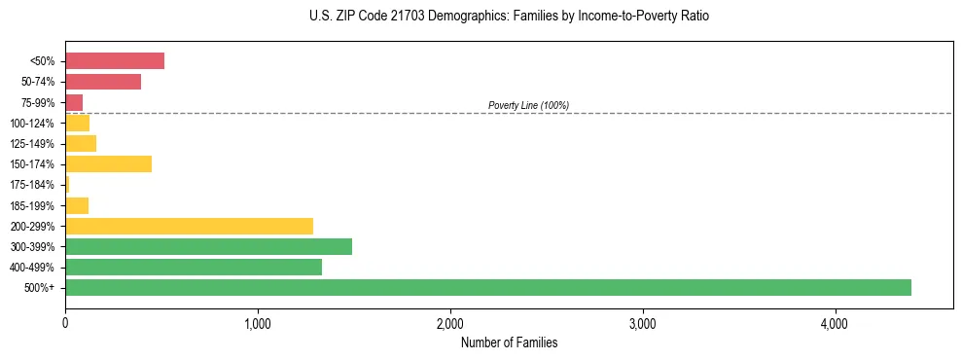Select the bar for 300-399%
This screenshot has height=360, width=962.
[208, 246]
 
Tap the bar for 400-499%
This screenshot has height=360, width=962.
[194, 267]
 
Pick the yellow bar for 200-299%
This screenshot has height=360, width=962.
[189, 226]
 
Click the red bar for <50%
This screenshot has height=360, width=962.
[115, 61]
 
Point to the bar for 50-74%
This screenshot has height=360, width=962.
[103, 82]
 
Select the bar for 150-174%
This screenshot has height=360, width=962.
[108, 163]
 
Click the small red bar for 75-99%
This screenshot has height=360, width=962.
[74, 102]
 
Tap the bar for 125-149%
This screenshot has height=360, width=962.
[81, 143]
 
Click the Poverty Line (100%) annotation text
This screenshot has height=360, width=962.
[528, 105]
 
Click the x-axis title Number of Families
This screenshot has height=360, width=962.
[509, 342]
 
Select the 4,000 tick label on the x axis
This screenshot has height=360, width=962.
[835, 322]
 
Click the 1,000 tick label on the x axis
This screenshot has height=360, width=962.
[258, 322]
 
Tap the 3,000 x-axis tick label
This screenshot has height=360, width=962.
[643, 322]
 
